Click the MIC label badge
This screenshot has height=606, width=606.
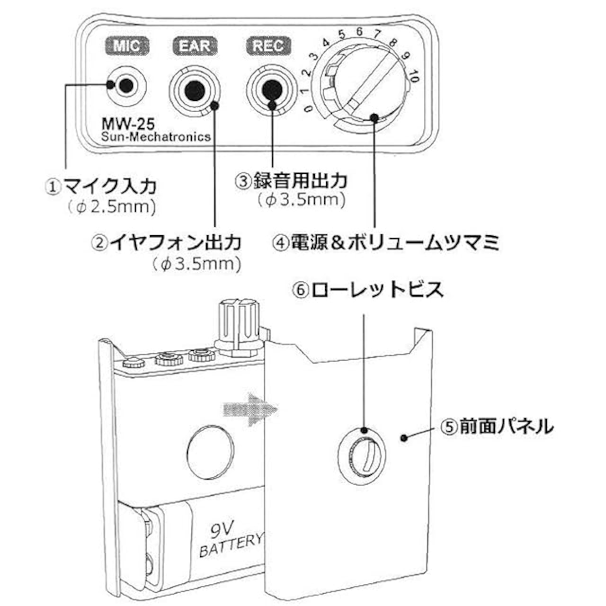(x=126, y=46)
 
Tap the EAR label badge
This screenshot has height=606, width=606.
(x=195, y=46)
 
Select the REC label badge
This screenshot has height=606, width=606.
(x=268, y=46)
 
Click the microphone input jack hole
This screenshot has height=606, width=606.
(x=126, y=85)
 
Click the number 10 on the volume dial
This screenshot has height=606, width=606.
(x=413, y=76)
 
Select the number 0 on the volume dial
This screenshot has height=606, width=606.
(x=309, y=109)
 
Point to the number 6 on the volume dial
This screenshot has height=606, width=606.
(x=359, y=32)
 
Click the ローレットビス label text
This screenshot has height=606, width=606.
(x=378, y=290)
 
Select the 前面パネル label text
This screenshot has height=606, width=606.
(x=506, y=427)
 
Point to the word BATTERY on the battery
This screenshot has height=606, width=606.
(x=231, y=547)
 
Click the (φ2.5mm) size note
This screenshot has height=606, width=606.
(x=111, y=207)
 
